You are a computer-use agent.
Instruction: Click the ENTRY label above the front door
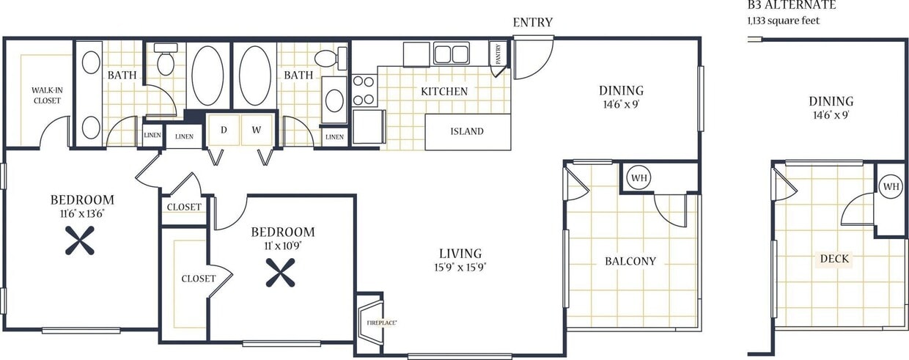pos(532,23)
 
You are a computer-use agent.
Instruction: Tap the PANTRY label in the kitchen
pos(498,56)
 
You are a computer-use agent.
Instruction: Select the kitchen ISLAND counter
pos(467,132)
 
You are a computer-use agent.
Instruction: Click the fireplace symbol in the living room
pos(370,320)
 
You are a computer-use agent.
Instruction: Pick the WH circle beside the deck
pos(890,186)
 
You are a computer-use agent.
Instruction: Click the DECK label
pos(834,259)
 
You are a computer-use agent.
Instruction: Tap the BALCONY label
pos(630,261)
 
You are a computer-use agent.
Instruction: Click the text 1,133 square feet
pos(783,21)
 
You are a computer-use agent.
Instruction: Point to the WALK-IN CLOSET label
pos(46,95)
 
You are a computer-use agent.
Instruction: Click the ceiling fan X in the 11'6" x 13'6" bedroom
pos(79,240)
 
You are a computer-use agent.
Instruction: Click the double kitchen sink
pos(451,54)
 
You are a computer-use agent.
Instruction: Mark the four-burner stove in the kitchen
pos(364,91)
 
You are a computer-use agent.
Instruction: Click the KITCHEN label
pos(444,92)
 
